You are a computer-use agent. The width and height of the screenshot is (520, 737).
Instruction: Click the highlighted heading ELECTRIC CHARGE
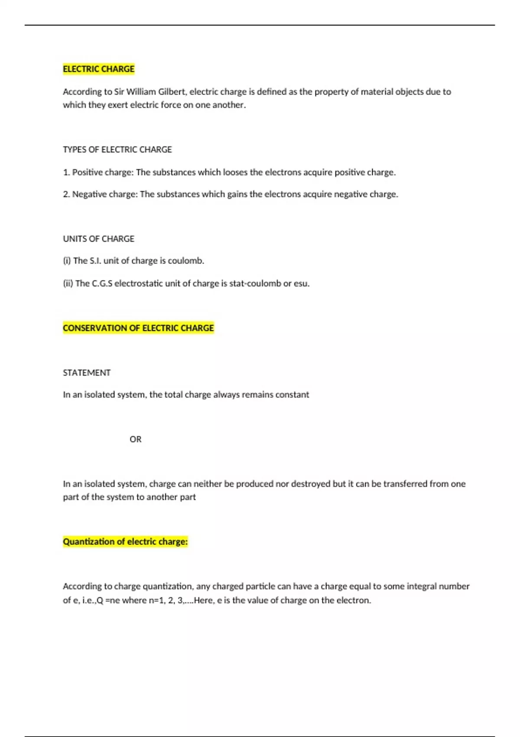pos(98,69)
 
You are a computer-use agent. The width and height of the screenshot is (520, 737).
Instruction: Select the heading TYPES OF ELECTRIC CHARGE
pos(117,150)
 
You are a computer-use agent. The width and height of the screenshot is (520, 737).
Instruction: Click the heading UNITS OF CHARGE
pos(98,239)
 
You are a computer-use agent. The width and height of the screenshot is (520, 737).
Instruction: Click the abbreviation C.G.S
pos(102,284)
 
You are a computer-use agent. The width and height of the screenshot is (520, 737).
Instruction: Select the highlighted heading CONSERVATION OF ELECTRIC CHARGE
pos(138,328)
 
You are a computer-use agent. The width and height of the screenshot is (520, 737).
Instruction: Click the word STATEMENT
pos(87,373)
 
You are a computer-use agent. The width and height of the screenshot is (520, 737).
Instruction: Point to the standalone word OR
pos(135,439)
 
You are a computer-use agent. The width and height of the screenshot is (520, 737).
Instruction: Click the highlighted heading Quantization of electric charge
pos(125,541)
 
